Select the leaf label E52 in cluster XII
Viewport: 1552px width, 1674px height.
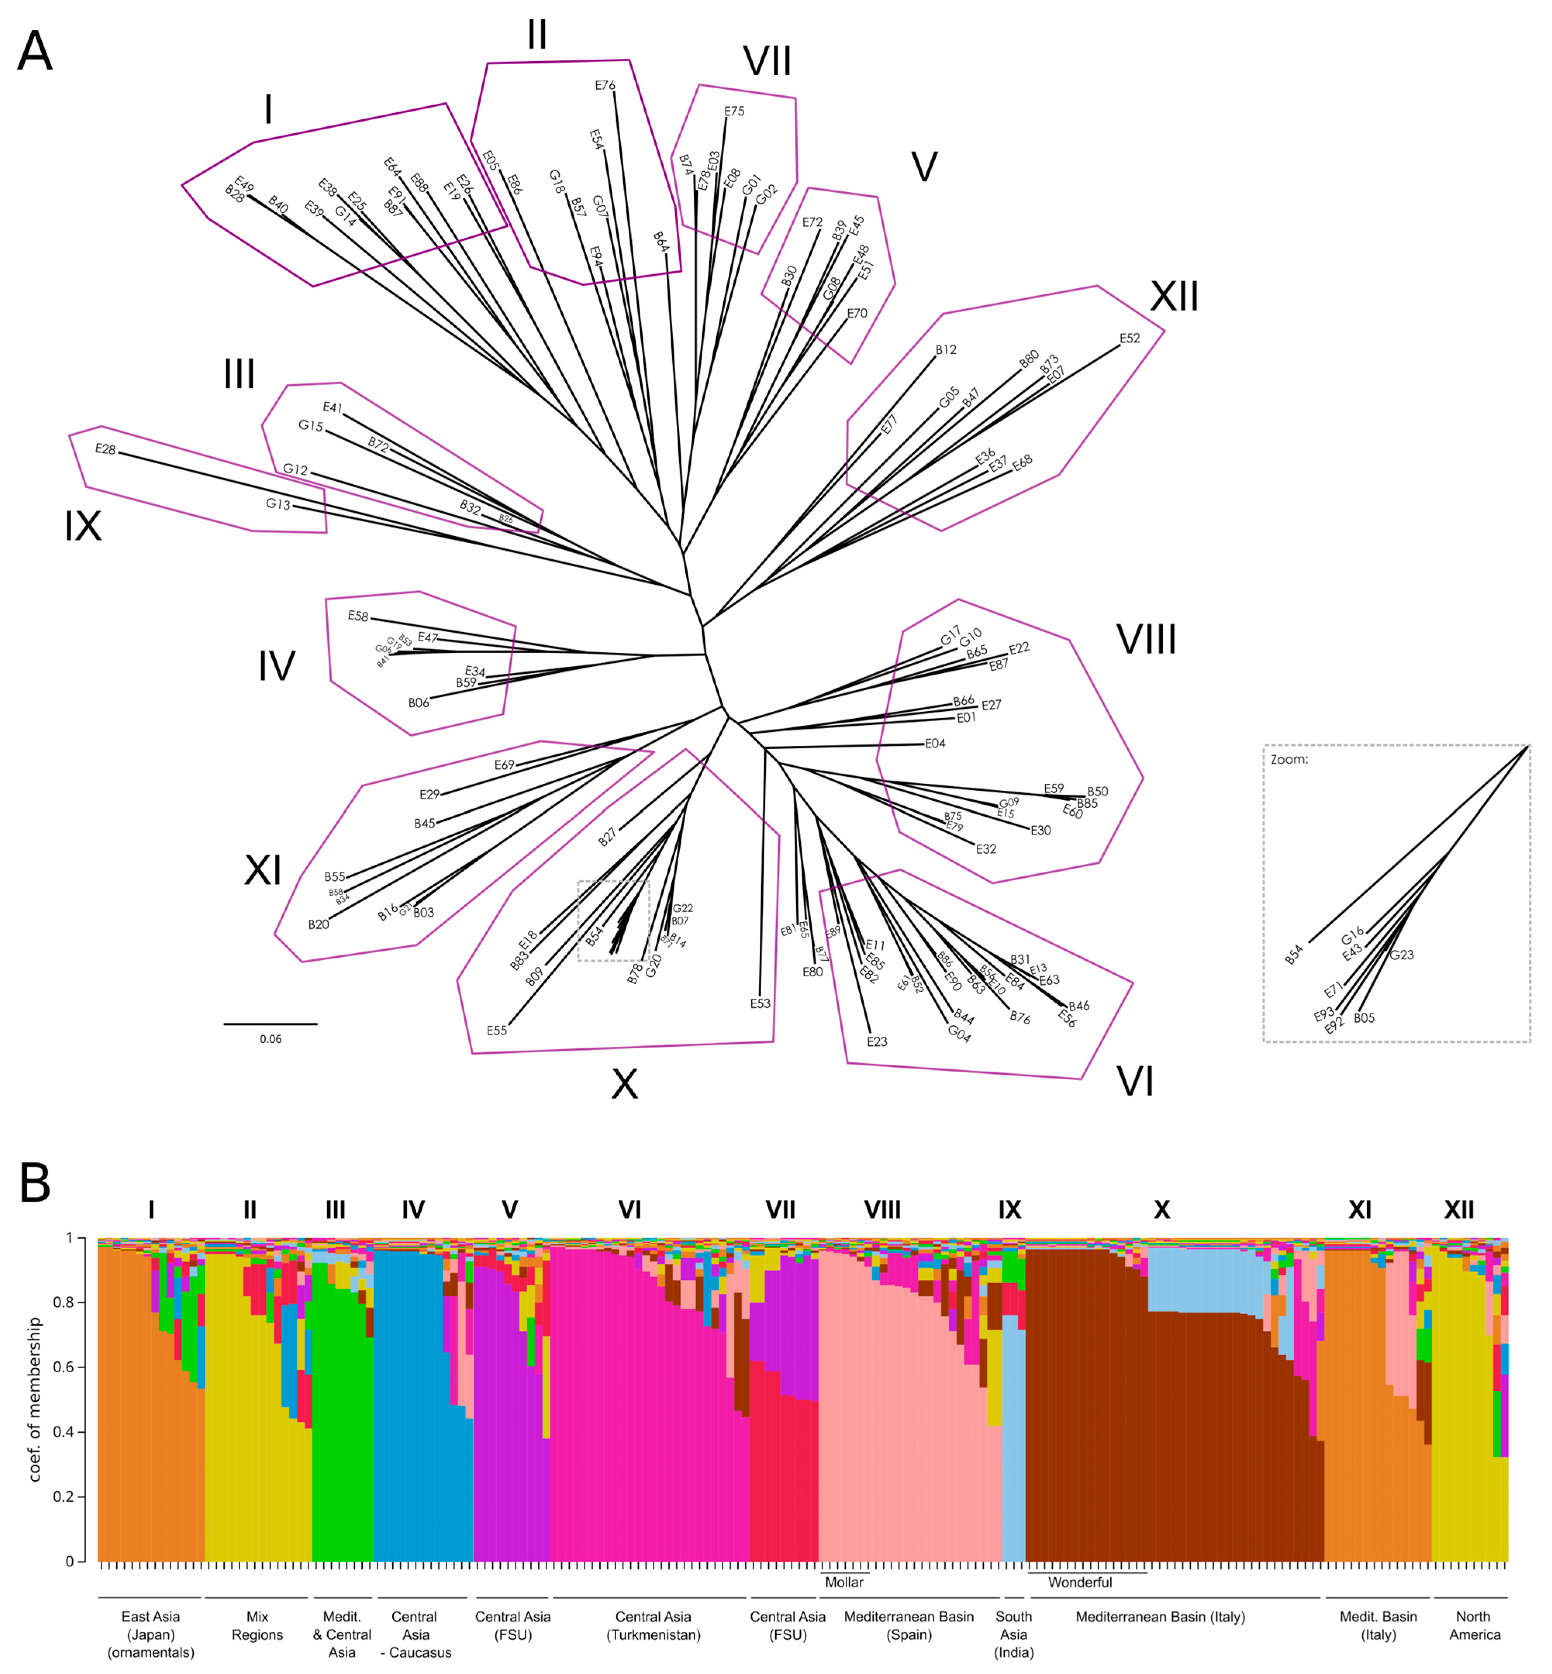pyautogui.click(x=1130, y=338)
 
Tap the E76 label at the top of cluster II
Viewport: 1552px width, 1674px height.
pyautogui.click(x=605, y=85)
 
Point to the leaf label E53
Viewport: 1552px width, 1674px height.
pyautogui.click(x=760, y=1003)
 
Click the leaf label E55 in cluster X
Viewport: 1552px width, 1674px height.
pyautogui.click(x=496, y=1030)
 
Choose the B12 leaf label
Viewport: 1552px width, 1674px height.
pyautogui.click(x=946, y=349)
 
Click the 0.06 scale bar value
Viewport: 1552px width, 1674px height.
pyautogui.click(x=271, y=1039)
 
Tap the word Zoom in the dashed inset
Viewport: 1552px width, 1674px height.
pyautogui.click(x=1289, y=760)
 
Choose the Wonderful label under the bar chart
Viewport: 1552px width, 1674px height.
pyautogui.click(x=1080, y=1583)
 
